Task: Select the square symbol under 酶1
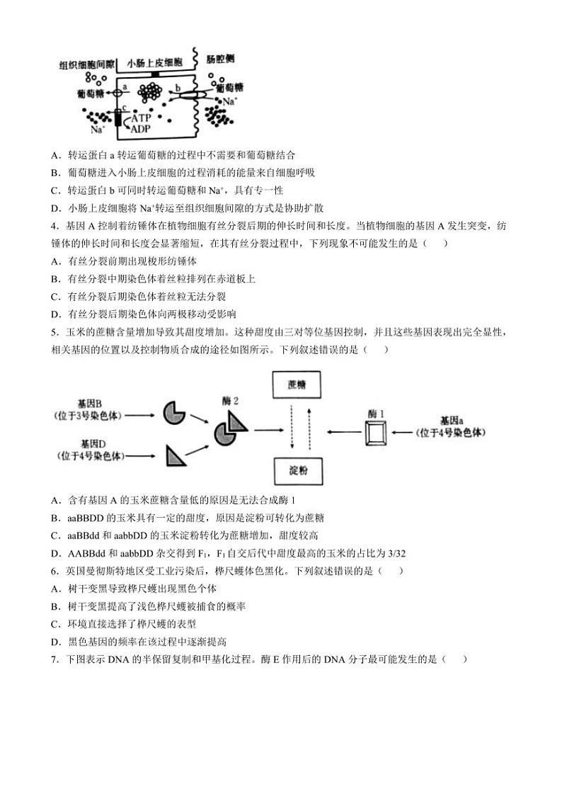376,432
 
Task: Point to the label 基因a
452,420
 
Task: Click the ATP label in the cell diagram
147,118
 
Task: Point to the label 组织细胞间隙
87,64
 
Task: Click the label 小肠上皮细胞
154,63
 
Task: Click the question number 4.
55,226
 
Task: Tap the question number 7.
55,659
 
